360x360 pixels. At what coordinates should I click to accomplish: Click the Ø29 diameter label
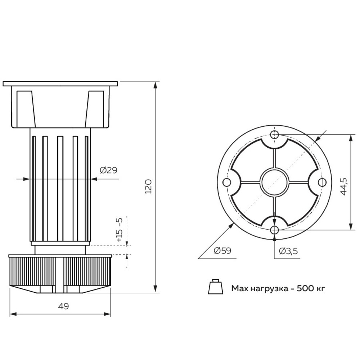click(x=108, y=170)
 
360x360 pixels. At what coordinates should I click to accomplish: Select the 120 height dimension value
click(x=149, y=186)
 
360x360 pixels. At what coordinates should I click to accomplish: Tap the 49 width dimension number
click(x=63, y=306)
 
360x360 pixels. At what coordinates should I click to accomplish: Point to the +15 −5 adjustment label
click(x=120, y=230)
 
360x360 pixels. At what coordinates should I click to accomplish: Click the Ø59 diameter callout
click(x=222, y=251)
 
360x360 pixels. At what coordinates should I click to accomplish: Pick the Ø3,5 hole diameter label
click(x=288, y=251)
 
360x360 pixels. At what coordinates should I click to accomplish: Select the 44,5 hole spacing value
click(x=344, y=186)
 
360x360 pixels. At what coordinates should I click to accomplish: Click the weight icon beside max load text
click(x=216, y=287)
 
